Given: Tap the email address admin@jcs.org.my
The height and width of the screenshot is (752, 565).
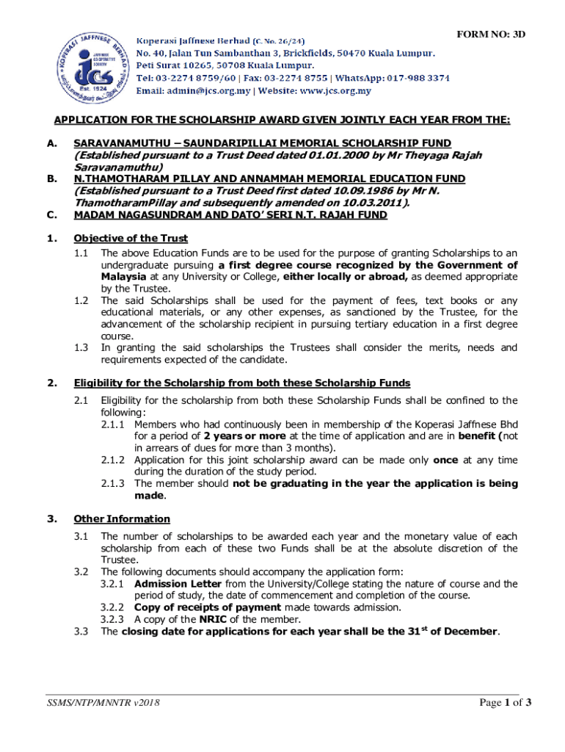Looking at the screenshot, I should point(209,91).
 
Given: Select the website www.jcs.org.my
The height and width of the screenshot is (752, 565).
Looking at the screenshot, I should point(334,91).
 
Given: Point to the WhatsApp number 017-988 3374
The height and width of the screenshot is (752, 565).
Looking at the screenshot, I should point(415,78).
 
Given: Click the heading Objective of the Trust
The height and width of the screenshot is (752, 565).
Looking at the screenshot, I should point(131,238).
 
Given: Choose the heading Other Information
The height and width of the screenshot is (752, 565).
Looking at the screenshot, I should point(122,519).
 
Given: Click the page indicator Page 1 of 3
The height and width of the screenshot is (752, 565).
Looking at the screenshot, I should point(505,703).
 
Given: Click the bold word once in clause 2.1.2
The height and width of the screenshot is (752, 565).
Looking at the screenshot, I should point(445,460).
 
